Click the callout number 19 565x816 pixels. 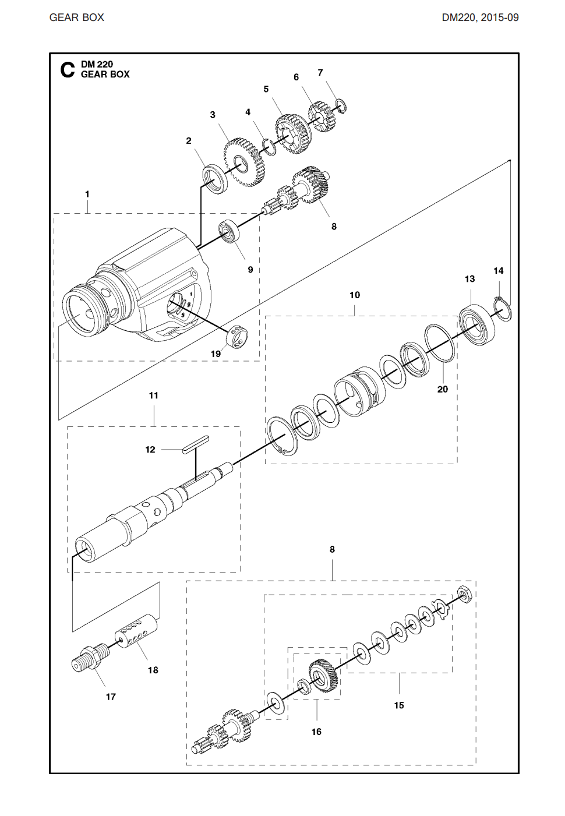click(x=216, y=354)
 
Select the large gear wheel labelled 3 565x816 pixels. click(x=243, y=162)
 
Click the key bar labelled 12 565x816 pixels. click(x=195, y=443)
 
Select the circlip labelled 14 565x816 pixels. click(x=503, y=308)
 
